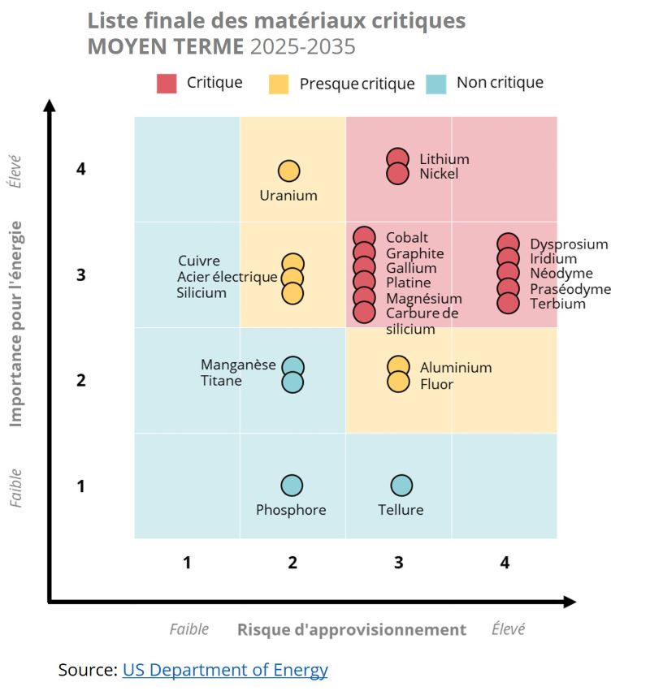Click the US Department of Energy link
coord(225,670)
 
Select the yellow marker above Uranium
coord(289,171)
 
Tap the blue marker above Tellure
coord(401,486)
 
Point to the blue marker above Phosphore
coord(292,486)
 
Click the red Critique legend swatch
coord(167,83)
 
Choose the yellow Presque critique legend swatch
coord(279,84)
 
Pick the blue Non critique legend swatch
coord(436,83)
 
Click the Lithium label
coord(444,159)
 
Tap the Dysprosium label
coord(569,244)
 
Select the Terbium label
coord(557,304)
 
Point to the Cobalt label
coord(407,238)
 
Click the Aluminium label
coord(456,367)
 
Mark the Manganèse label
coord(238,365)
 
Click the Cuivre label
coord(199,261)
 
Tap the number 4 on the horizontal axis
coord(505,562)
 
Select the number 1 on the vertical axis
coord(81,486)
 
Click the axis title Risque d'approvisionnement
coord(351,629)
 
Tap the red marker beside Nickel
coord(397,174)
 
